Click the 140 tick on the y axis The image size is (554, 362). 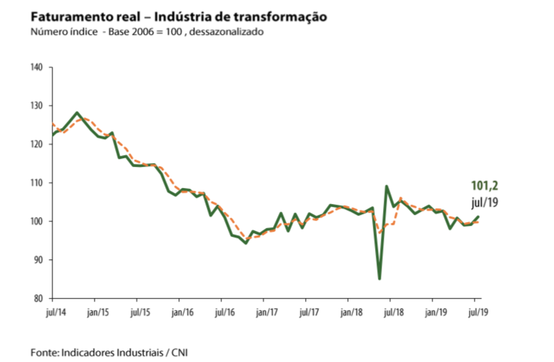[x=38, y=68]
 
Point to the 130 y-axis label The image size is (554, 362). [x=38, y=106]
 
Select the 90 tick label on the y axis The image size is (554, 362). [x=39, y=260]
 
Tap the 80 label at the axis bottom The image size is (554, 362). [x=39, y=299]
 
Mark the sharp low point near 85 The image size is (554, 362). [x=379, y=278]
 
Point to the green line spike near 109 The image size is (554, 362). [x=387, y=186]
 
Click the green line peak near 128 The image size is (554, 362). [x=76, y=113]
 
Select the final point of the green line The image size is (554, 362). [x=478, y=216]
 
